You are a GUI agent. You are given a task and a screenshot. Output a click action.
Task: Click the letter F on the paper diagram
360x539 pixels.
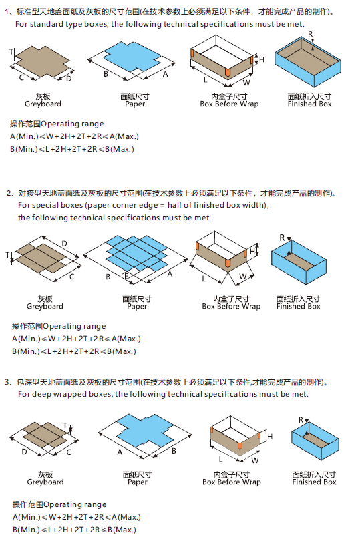(126, 275)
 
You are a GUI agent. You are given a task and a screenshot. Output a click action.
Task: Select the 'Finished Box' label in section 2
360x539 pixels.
(298, 306)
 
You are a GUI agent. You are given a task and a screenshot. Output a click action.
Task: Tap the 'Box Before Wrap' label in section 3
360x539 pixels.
(231, 482)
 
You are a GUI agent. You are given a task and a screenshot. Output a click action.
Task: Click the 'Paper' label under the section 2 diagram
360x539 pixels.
(137, 306)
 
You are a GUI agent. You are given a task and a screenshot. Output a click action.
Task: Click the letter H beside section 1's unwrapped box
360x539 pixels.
(262, 60)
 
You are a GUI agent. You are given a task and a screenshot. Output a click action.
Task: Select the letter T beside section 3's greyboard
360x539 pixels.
(65, 425)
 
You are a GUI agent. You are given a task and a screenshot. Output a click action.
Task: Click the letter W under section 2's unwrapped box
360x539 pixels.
(244, 276)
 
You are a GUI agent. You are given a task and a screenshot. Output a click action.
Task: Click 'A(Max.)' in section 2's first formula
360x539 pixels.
(124, 339)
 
